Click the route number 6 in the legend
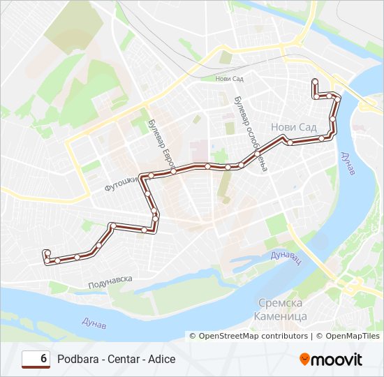coord(44,359)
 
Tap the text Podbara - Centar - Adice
coord(117,359)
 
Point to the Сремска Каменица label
coord(283,309)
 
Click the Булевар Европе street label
coord(160,143)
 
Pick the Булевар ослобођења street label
coord(251,133)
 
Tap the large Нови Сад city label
coord(293,128)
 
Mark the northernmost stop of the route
coord(315,81)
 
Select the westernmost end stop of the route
coord(46,253)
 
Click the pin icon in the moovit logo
coord(305,359)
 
